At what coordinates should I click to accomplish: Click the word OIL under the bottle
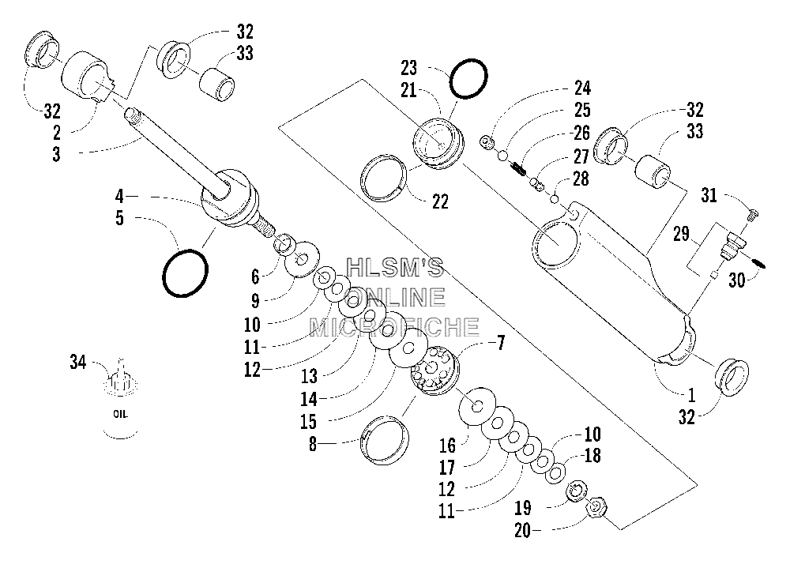120,414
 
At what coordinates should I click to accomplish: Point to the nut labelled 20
596,507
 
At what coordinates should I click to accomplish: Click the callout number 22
440,202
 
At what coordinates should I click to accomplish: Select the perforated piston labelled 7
434,371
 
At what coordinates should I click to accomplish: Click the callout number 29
681,234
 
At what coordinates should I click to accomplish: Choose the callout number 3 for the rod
56,154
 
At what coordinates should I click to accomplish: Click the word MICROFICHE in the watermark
393,327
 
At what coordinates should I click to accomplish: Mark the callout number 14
309,399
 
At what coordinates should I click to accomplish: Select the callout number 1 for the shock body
691,395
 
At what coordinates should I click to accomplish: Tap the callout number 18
592,456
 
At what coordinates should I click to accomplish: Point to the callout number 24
582,88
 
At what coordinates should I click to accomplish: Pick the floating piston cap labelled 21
438,142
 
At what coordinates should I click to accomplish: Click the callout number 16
447,445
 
